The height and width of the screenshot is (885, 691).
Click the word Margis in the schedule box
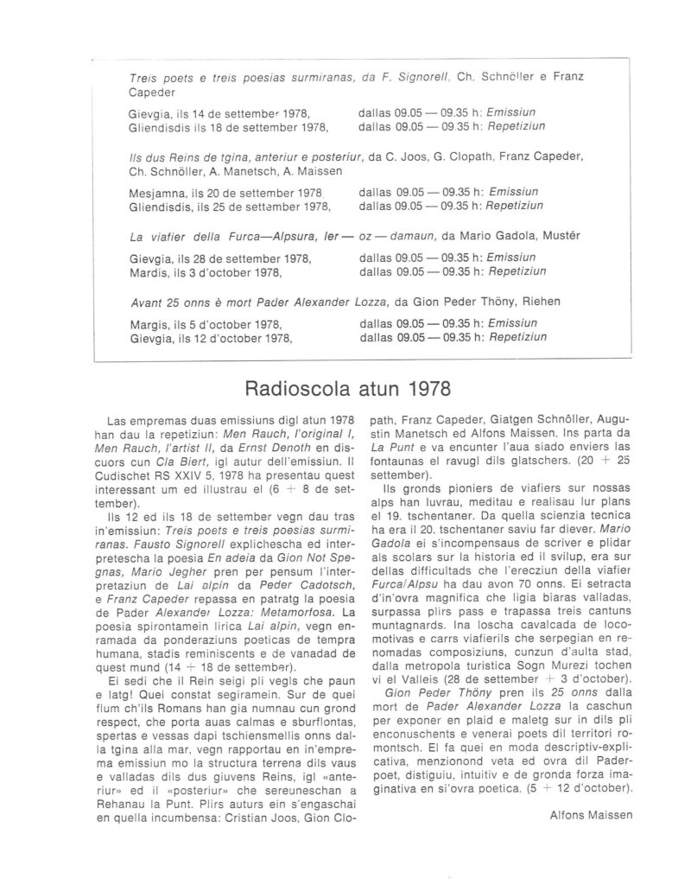pos(145,324)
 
